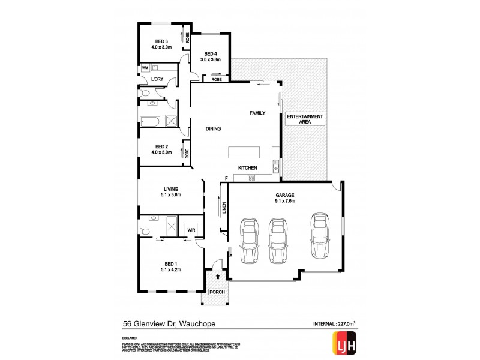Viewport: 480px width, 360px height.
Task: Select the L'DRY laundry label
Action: coord(158,79)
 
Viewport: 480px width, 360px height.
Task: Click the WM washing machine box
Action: coord(145,69)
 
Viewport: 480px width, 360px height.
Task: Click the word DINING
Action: coord(213,128)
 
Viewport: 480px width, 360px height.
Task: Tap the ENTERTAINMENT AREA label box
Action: coord(305,119)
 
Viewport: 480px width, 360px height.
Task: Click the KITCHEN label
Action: coord(248,167)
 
